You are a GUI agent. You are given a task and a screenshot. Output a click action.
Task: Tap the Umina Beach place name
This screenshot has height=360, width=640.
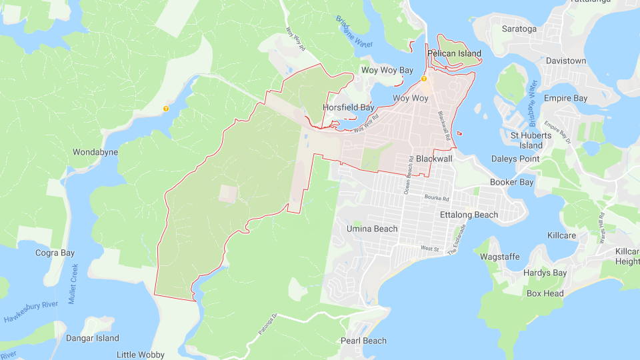tap(372, 229)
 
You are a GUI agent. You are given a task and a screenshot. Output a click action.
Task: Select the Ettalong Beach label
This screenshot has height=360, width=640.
tap(469, 215)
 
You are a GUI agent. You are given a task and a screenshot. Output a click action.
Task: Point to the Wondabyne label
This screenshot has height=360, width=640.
tap(95, 152)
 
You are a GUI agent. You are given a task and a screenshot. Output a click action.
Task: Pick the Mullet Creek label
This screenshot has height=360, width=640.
tap(74, 283)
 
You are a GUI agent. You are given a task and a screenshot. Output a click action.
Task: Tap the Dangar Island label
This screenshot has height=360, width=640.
tap(92, 338)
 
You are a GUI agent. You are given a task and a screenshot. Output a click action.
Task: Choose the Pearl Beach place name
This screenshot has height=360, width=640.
tap(363, 341)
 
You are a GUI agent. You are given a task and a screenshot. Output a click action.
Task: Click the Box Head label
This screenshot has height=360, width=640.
tap(545, 293)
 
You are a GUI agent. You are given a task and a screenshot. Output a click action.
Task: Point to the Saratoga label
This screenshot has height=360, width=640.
tap(519, 29)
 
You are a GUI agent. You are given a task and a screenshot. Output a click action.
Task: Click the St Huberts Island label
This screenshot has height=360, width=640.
tap(531, 140)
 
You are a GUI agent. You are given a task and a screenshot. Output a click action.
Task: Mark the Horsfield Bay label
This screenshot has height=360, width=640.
tap(348, 107)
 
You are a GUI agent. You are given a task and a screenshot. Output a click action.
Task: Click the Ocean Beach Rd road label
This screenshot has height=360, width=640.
tap(409, 180)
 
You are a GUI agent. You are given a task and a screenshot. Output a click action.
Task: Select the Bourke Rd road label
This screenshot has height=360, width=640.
tap(437, 199)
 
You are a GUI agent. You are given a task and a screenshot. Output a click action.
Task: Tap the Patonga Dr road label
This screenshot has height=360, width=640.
tap(266, 323)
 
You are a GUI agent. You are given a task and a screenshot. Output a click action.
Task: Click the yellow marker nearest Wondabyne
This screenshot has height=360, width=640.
tap(166, 108)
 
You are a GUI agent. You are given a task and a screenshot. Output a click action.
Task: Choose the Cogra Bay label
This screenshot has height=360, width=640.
tap(55, 253)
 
